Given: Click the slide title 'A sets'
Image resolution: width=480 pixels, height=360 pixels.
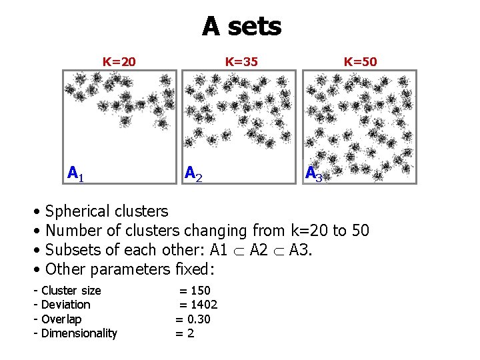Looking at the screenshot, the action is (x=241, y=27).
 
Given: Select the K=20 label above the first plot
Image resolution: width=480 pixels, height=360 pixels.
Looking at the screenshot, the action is (x=119, y=62).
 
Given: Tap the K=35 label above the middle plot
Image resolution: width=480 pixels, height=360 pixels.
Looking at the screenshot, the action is (x=241, y=62).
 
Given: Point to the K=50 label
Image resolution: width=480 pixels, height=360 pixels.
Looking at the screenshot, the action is (x=360, y=62).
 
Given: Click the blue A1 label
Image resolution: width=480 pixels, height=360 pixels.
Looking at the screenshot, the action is (x=75, y=174).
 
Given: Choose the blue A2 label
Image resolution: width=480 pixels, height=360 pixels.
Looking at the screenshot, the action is (x=193, y=174).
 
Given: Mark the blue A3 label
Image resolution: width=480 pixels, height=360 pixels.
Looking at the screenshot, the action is (x=313, y=174).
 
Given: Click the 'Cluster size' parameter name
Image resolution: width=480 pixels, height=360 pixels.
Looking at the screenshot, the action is (x=71, y=291).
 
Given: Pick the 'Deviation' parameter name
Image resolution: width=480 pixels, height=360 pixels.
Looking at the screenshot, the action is (x=65, y=305).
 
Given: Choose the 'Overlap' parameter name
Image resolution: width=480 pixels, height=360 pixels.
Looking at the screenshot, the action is (x=61, y=319).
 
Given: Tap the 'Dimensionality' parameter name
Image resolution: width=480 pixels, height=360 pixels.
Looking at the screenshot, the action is (x=79, y=333).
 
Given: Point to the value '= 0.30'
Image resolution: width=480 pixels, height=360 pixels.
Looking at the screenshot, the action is (x=193, y=319).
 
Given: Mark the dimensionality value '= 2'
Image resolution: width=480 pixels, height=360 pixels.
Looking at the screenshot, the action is (x=184, y=333).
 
